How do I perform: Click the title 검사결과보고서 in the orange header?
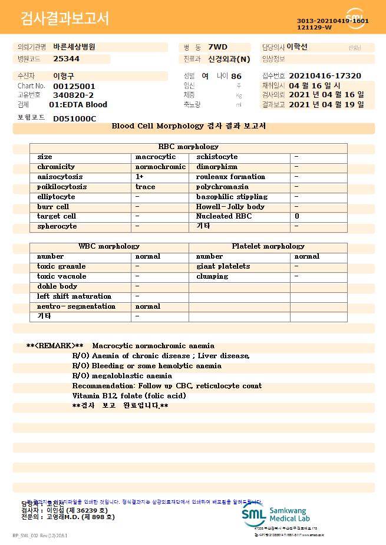65,19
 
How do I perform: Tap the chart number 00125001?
74,86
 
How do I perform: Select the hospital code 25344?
66,59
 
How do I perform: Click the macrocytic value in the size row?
156,157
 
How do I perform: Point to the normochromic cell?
160,167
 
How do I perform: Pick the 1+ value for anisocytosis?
140,177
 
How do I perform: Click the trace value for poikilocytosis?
145,187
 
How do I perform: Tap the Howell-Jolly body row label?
230,207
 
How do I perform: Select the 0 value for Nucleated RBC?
296,216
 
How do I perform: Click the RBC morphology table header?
189,147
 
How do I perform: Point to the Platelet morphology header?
268,246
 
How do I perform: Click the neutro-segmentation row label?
76,306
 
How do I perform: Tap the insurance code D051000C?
74,118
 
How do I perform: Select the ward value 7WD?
217,47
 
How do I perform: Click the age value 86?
236,76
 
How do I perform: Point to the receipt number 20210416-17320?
325,76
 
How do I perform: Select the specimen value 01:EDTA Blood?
78,104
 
